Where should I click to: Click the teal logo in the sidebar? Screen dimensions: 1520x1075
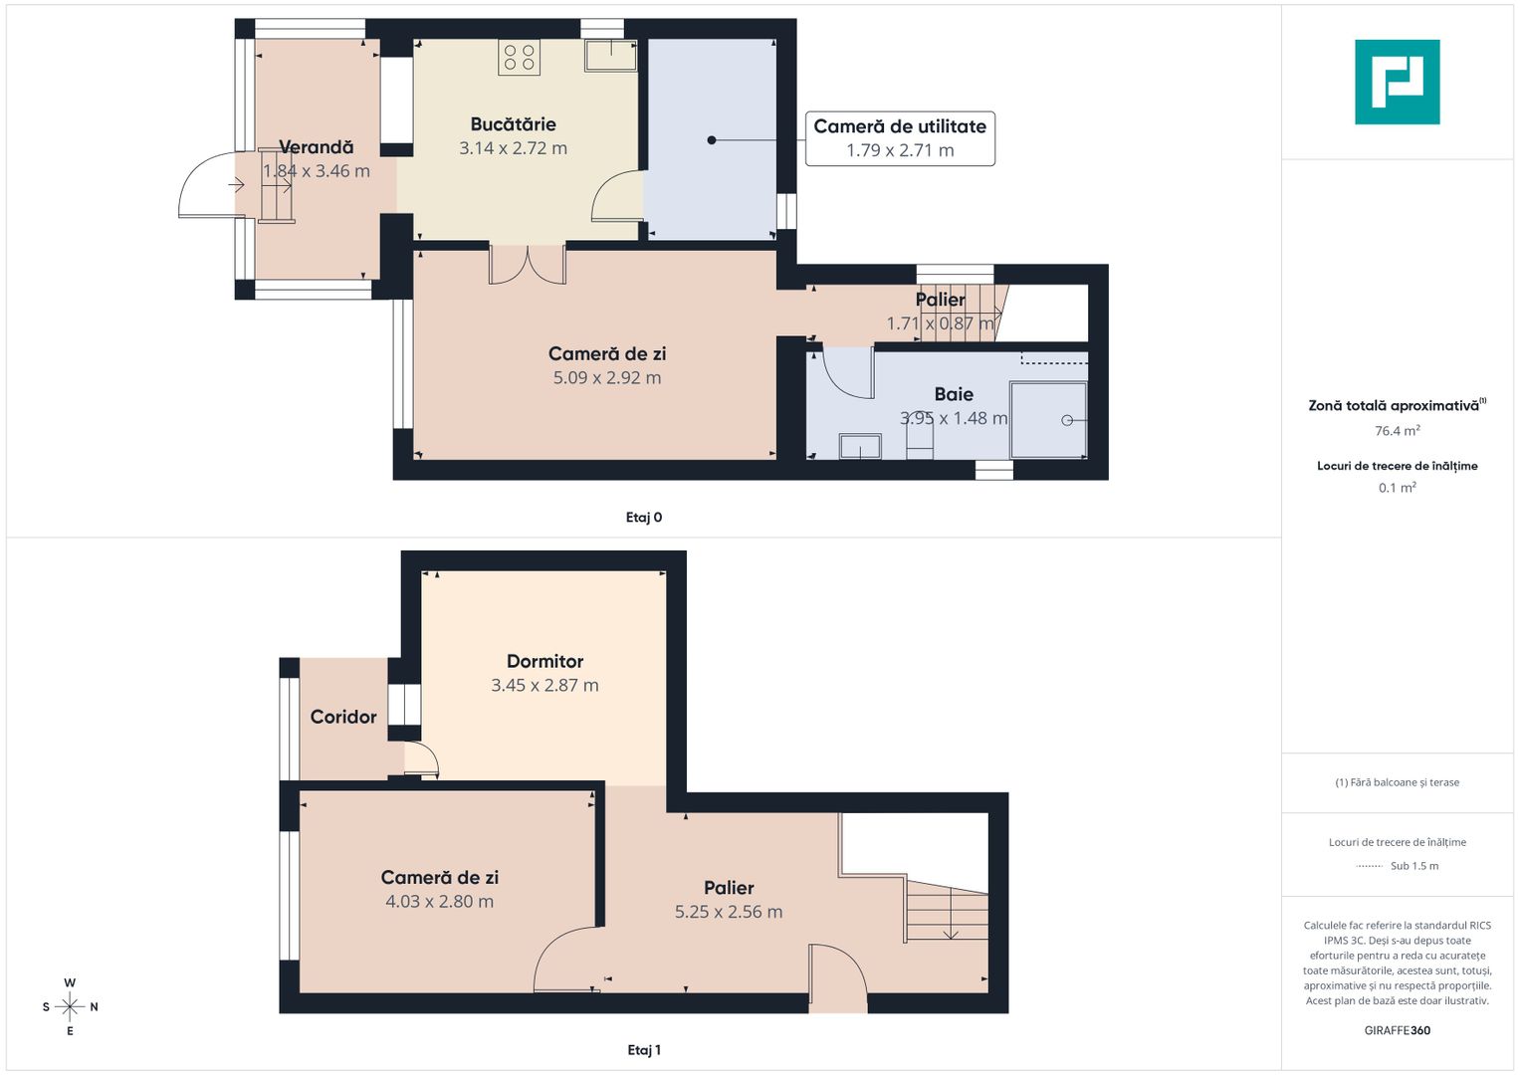pyautogui.click(x=1397, y=82)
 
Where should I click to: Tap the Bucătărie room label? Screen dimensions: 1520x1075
pyautogui.click(x=513, y=124)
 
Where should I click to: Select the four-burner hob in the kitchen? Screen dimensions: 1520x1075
pyautogui.click(x=519, y=57)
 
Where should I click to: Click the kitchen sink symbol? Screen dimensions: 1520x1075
pyautogui.click(x=610, y=55)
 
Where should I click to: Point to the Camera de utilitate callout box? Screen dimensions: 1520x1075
pyautogui.click(x=900, y=138)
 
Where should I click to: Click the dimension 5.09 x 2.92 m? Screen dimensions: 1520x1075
pyautogui.click(x=606, y=378)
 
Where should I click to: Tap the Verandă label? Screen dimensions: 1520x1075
pyautogui.click(x=317, y=147)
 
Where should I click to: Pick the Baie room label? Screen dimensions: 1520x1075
pyautogui.click(x=954, y=394)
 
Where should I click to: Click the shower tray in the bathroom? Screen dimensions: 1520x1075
pyautogui.click(x=1048, y=420)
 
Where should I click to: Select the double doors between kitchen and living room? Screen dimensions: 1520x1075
pyautogui.click(x=528, y=264)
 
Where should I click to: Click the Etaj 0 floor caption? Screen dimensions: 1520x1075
pyautogui.click(x=643, y=518)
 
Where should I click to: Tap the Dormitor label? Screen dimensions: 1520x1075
pyautogui.click(x=544, y=661)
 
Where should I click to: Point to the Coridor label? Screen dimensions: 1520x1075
pyautogui.click(x=343, y=717)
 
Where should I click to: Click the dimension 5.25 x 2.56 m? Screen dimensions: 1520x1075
pyautogui.click(x=728, y=912)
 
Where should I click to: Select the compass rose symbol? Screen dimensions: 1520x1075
pyautogui.click(x=70, y=1007)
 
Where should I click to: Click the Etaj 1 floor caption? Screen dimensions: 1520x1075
pyautogui.click(x=643, y=1050)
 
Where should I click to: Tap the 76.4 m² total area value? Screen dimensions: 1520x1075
pyautogui.click(x=1398, y=430)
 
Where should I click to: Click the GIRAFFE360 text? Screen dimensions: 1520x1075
pyautogui.click(x=1398, y=1030)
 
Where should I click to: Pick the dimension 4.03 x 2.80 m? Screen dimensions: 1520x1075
pyautogui.click(x=439, y=901)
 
